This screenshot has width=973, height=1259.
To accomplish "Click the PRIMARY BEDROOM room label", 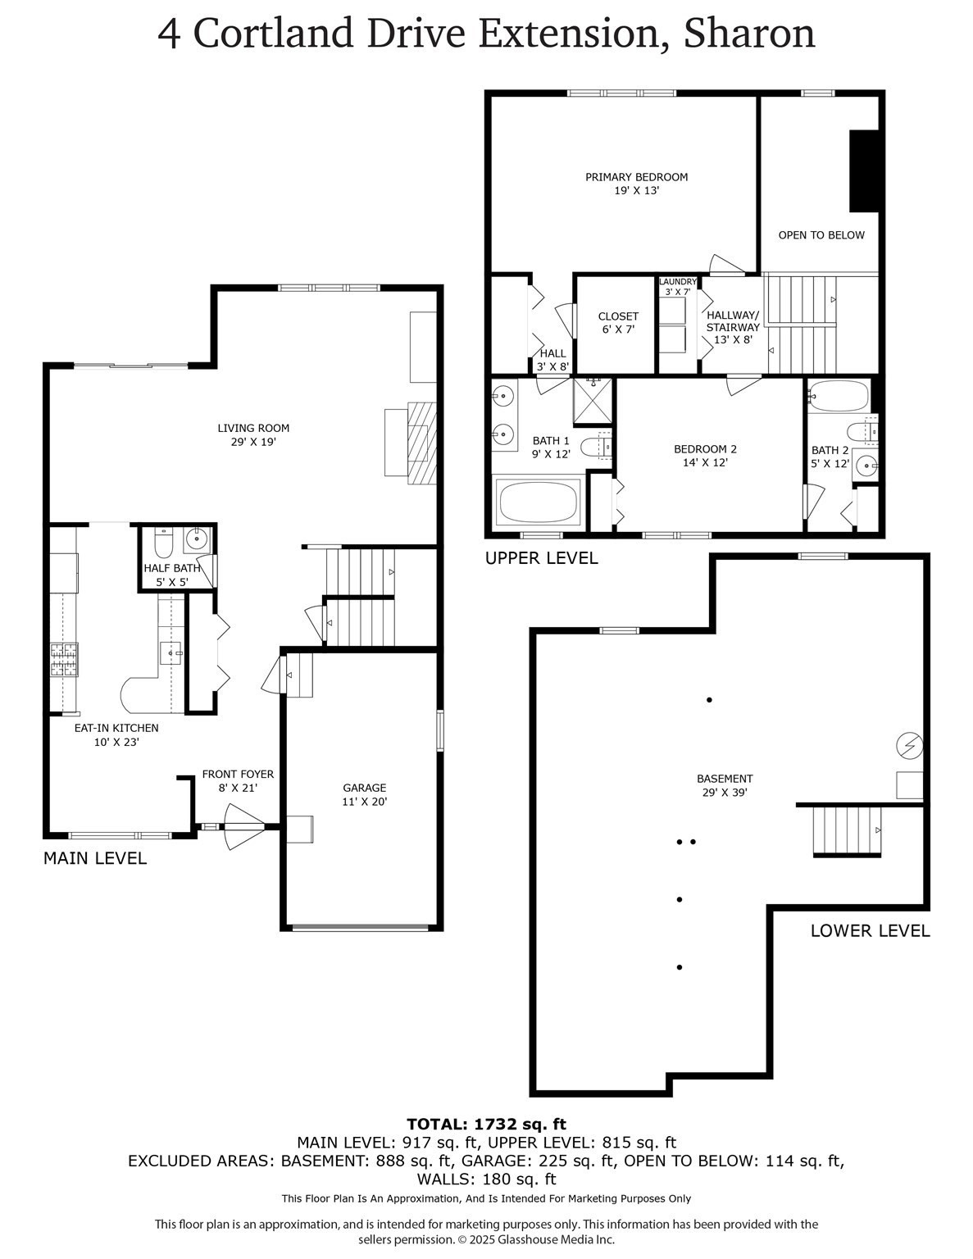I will click(636, 183).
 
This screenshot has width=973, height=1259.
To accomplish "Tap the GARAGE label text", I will click(364, 794).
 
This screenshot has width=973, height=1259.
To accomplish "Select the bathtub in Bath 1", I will click(539, 502).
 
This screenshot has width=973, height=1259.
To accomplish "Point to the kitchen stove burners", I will click(64, 661).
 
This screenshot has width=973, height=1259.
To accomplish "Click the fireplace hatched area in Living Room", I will click(422, 443).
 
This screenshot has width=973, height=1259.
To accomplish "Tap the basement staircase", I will click(847, 830).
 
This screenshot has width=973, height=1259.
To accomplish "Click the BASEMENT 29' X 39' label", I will click(725, 785).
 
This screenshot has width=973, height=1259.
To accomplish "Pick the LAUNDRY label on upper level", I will click(678, 282).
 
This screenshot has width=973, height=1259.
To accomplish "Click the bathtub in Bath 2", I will click(837, 397).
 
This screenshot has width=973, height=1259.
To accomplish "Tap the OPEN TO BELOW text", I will click(821, 235).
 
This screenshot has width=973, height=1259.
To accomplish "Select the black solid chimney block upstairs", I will click(864, 170).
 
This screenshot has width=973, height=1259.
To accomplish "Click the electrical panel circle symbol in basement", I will click(910, 745).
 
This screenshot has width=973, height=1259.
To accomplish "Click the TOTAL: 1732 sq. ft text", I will click(486, 1124).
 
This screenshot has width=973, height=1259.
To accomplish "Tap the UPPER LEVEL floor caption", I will click(541, 558).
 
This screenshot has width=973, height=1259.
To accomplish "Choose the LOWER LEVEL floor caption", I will click(870, 931).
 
